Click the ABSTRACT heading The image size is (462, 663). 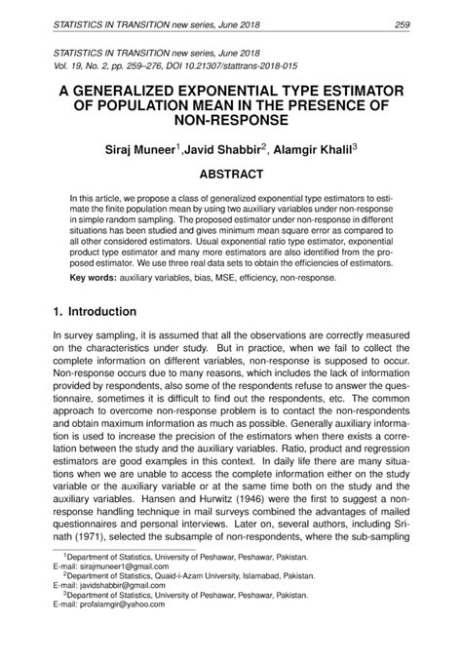(x=231, y=175)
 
